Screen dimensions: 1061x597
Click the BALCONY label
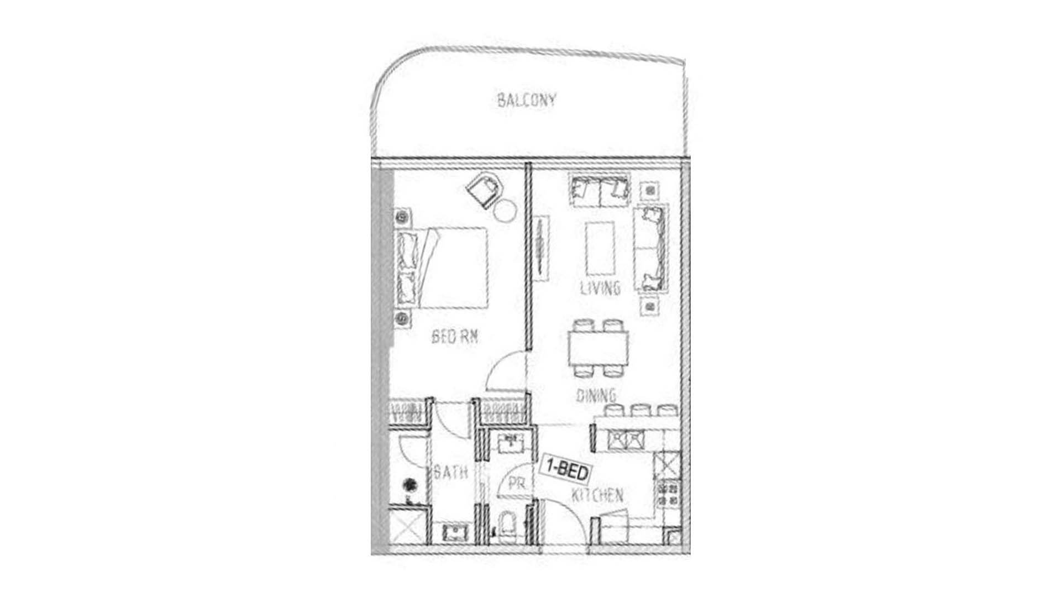tap(526, 101)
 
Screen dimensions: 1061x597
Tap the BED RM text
tap(454, 337)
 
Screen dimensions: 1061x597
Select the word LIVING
tap(600, 288)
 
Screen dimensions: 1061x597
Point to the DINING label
tap(596, 395)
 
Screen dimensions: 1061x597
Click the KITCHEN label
tap(597, 495)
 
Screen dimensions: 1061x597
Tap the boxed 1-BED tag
tap(566, 469)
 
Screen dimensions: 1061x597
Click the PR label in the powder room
tap(517, 484)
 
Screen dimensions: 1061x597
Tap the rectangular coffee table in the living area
tap(600, 248)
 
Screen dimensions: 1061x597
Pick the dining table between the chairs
tap(598, 348)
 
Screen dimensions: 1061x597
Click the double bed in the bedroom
tap(442, 268)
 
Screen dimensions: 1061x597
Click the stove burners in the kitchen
tap(668, 494)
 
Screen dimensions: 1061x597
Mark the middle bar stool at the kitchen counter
tap(640, 410)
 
